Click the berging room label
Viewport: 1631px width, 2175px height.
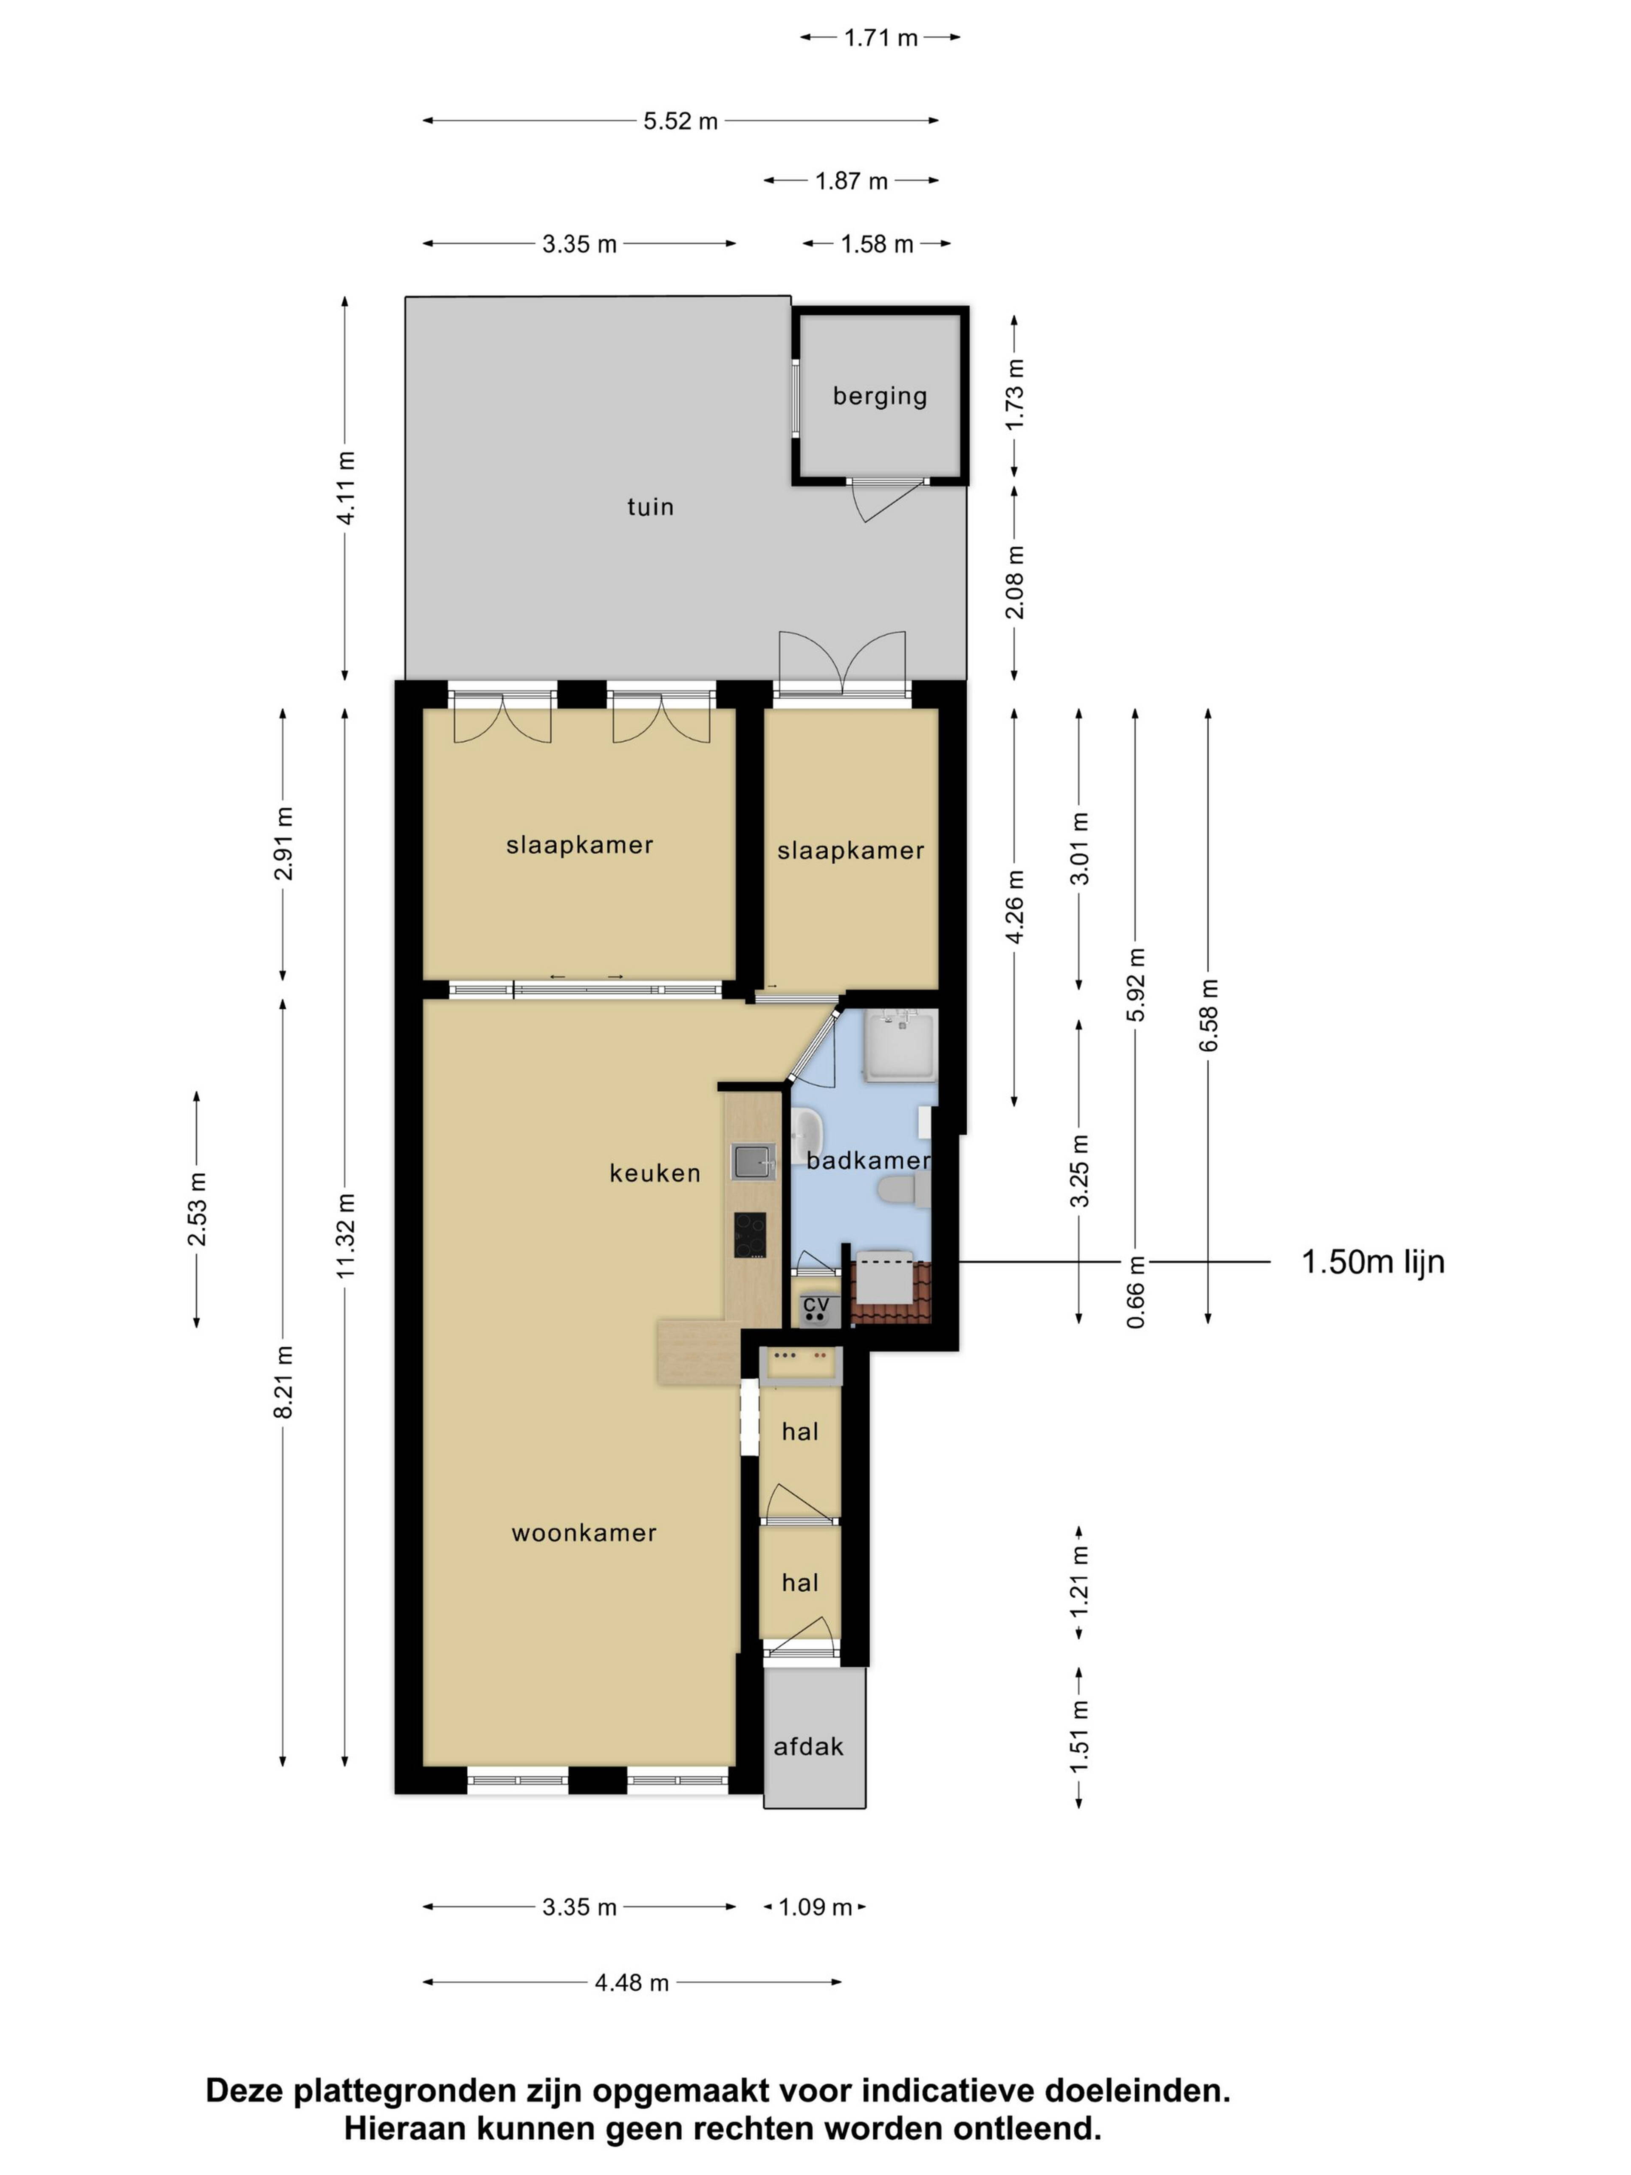(x=880, y=396)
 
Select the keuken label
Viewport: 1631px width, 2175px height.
(x=655, y=1173)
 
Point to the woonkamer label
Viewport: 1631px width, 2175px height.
(x=584, y=1533)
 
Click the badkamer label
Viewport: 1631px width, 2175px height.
(x=868, y=1160)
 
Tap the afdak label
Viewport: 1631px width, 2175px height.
(x=808, y=1747)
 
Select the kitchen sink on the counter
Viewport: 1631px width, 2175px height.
(x=753, y=1161)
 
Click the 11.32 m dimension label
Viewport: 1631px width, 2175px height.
(x=345, y=1236)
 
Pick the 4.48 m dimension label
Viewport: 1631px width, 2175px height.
(x=631, y=1983)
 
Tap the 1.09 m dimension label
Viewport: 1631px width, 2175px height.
(x=815, y=1907)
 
